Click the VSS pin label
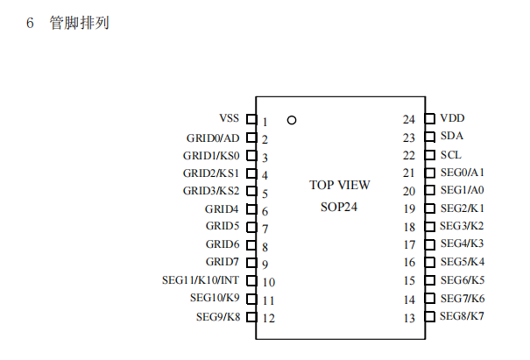229,118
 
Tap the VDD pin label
452,118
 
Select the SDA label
451,136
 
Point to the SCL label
450,154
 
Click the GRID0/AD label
212,138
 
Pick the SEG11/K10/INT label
201,280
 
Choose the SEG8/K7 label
462,315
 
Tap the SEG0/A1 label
462,173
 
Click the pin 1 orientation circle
292,120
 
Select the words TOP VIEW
340,185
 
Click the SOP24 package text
339,208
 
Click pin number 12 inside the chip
268,318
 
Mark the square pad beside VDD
429,118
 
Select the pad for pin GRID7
251,262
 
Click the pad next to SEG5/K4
429,262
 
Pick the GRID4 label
222,209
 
